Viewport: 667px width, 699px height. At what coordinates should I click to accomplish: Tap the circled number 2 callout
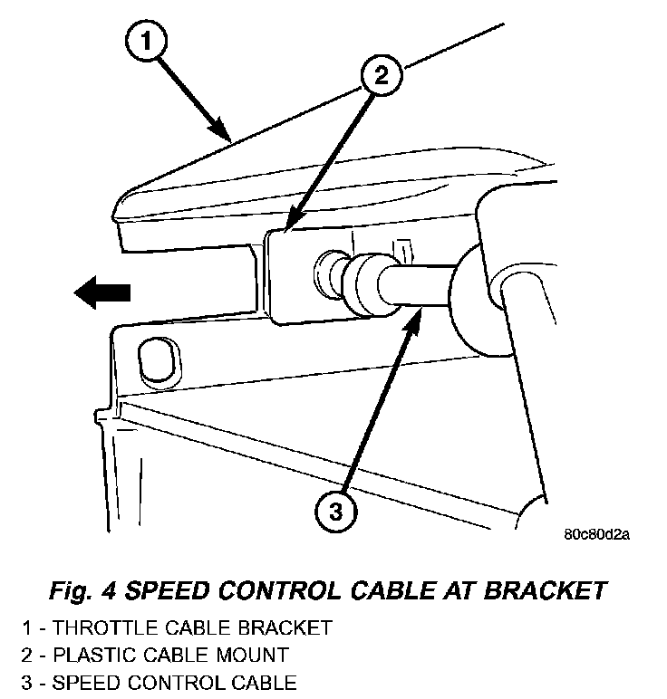(x=382, y=75)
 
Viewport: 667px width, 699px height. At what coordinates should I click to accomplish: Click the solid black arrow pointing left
(x=102, y=292)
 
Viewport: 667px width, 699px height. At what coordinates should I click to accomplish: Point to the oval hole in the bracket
(x=152, y=361)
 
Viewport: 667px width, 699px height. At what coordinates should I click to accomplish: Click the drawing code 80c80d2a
(x=595, y=533)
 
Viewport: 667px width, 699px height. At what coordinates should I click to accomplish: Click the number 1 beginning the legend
(x=28, y=627)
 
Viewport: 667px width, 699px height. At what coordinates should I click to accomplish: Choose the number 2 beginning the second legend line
(x=28, y=655)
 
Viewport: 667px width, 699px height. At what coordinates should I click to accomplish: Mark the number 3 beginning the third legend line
(x=28, y=682)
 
